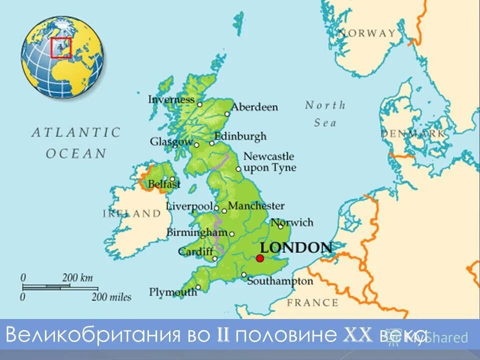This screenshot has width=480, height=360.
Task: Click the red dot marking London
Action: pyautogui.click(x=259, y=258)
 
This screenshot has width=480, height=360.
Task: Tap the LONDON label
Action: pyautogui.click(x=296, y=247)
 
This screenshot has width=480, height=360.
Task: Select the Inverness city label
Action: pyautogui.click(x=171, y=99)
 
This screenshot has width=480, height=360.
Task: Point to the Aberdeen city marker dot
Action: pyautogui.click(x=227, y=113)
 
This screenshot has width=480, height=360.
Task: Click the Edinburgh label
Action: pyautogui.click(x=240, y=136)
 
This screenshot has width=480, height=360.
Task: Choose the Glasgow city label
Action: pyautogui.click(x=171, y=142)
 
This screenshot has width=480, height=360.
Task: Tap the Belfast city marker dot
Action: pyautogui.click(x=172, y=178)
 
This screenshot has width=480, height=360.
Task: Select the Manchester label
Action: pyautogui.click(x=256, y=206)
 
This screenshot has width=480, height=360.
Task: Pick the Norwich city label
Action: pyautogui.click(x=292, y=222)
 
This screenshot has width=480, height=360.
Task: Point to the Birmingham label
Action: pyautogui.click(x=196, y=232)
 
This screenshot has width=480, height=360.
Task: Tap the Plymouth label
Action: pyautogui.click(x=172, y=292)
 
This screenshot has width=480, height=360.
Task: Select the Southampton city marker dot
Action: pyautogui.click(x=243, y=274)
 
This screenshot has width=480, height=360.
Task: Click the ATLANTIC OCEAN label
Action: pyautogui.click(x=76, y=142)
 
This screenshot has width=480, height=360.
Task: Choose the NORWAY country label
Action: pyautogui.click(x=366, y=33)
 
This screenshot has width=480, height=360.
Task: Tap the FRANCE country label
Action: pyautogui.click(x=312, y=302)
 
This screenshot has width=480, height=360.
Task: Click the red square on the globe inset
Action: pyautogui.click(x=61, y=48)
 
